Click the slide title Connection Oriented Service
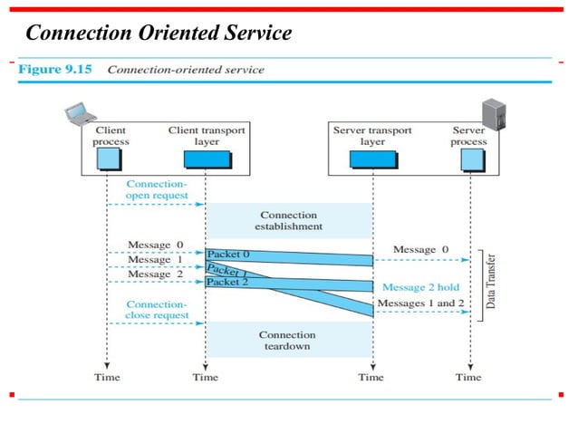click(x=159, y=34)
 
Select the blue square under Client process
click(x=111, y=159)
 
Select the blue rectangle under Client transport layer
click(x=207, y=159)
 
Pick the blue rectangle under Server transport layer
click(x=372, y=159)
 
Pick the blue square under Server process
click(x=470, y=159)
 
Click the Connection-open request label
click(x=158, y=189)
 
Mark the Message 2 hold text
click(x=420, y=286)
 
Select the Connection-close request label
click(x=158, y=310)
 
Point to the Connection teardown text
click(x=287, y=340)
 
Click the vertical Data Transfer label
click(x=490, y=282)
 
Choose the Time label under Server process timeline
click(x=468, y=377)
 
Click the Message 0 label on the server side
click(x=420, y=249)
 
